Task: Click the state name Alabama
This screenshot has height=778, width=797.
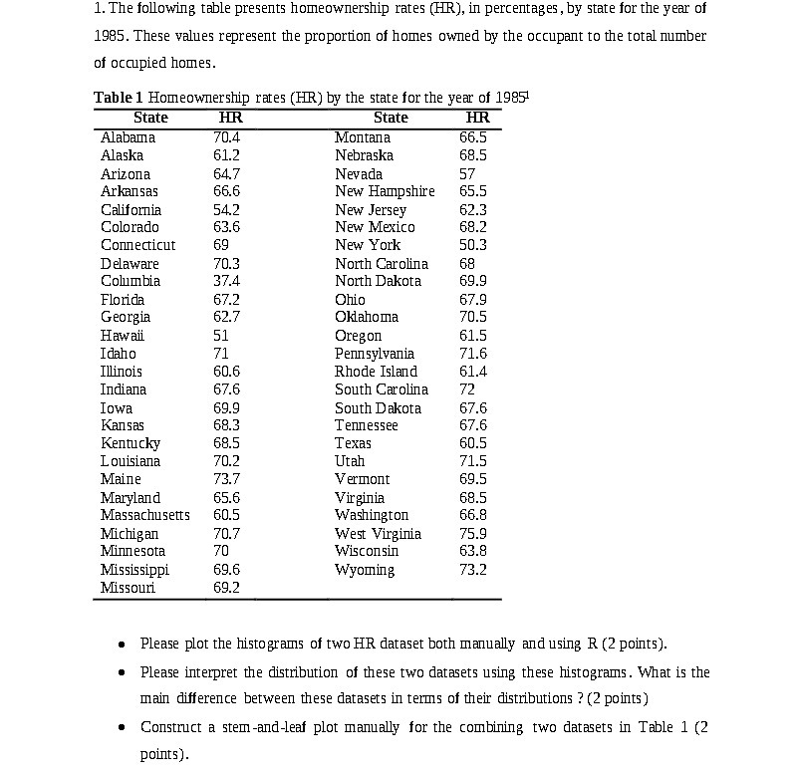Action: click(128, 137)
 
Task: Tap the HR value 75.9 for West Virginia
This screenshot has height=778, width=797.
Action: click(472, 534)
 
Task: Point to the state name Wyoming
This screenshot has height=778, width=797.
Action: click(364, 570)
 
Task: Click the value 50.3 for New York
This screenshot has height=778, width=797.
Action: click(472, 245)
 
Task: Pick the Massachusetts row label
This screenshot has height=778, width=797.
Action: click(144, 515)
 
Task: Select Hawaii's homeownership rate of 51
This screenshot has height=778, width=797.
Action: click(221, 336)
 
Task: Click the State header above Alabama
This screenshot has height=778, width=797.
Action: click(150, 118)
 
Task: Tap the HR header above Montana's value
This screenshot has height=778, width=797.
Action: click(478, 118)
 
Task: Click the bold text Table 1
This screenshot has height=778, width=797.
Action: click(119, 98)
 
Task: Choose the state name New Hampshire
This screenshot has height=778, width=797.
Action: click(385, 191)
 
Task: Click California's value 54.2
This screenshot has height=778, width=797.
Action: click(226, 209)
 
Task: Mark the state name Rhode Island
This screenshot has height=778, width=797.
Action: click(376, 372)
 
